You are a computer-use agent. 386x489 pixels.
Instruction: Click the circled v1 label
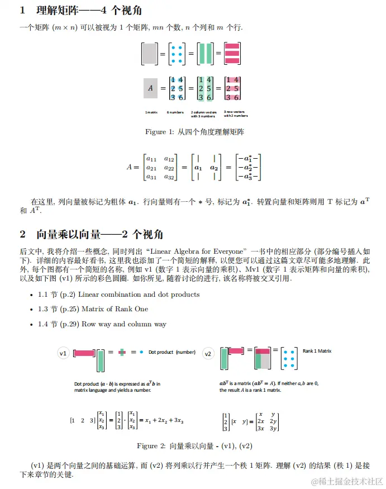[x=64, y=354]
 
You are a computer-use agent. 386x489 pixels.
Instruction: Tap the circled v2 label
[x=208, y=354]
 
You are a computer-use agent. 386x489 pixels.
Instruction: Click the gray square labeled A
[x=150, y=88]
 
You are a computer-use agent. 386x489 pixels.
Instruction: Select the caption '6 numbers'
[x=175, y=113]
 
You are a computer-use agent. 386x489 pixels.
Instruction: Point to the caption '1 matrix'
[x=151, y=113]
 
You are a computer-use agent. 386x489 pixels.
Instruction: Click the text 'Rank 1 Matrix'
[x=317, y=351]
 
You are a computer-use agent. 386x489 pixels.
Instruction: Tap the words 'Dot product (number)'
[x=171, y=352]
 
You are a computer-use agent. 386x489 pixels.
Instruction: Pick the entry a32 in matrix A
[x=168, y=177]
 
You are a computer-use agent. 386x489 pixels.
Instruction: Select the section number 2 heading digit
[x=23, y=234]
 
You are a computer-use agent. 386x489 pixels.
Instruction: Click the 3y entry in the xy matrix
[x=274, y=428]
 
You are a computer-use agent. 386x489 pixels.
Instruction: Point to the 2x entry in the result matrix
[x=261, y=421]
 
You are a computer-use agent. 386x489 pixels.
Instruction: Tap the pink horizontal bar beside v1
[x=84, y=353]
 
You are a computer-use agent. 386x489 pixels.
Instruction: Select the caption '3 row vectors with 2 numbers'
[x=235, y=113]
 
